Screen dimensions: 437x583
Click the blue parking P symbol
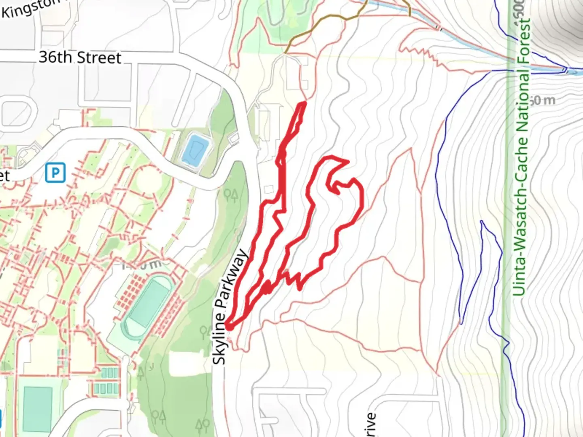click(55, 173)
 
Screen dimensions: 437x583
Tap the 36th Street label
click(80, 57)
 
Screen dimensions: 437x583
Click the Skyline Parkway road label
click(230, 307)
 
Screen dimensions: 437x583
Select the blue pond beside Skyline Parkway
click(195, 151)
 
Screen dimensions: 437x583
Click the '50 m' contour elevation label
click(543, 100)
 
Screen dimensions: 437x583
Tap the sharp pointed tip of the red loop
click(347, 162)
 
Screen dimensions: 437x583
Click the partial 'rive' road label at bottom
click(370, 425)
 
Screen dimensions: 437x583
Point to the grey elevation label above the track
click(142, 265)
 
